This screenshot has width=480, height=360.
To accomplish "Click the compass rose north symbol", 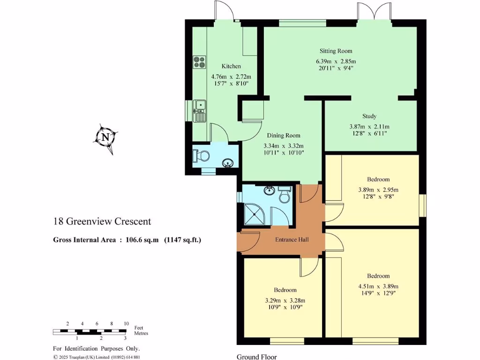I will [105, 138].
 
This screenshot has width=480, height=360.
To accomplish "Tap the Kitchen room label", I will [231, 67].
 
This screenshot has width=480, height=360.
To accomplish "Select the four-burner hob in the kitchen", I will [199, 62].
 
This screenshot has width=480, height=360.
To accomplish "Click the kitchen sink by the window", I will [200, 110].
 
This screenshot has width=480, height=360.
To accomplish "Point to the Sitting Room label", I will [336, 51].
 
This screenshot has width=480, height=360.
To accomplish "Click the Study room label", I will [369, 116].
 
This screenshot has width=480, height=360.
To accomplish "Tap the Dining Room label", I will [284, 135].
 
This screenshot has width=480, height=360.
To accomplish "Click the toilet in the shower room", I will [284, 195].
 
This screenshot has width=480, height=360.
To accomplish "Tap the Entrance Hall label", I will [292, 240].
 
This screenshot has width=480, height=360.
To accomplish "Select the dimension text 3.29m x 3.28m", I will [285, 300].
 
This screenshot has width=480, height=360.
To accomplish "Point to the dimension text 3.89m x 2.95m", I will [378, 190].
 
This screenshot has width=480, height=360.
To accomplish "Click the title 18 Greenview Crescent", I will [102, 221].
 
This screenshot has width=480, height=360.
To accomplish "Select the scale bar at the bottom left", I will [89, 331].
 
